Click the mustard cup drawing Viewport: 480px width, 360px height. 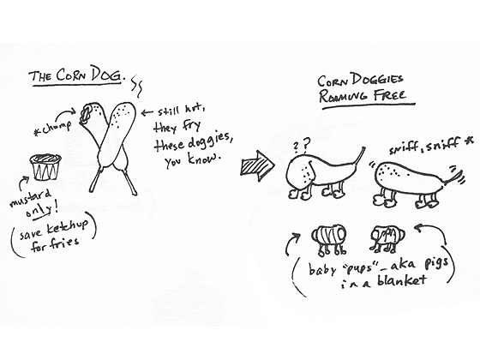pyautogui.click(x=45, y=167)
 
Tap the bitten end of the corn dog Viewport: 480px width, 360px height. pyautogui.click(x=86, y=114)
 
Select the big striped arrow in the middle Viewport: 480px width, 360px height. pyautogui.click(x=257, y=165)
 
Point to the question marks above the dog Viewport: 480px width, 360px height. pyautogui.click(x=302, y=145)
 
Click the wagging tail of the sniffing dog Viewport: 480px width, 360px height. pyautogui.click(x=454, y=177)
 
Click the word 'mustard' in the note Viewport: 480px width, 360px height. pyautogui.click(x=30, y=198)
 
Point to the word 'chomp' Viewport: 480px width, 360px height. pyautogui.click(x=55, y=129)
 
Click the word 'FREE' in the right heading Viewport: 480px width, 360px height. pyautogui.click(x=389, y=94)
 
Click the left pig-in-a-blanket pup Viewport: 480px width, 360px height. pyautogui.click(x=329, y=240)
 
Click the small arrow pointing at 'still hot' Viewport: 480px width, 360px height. pyautogui.click(x=147, y=113)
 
